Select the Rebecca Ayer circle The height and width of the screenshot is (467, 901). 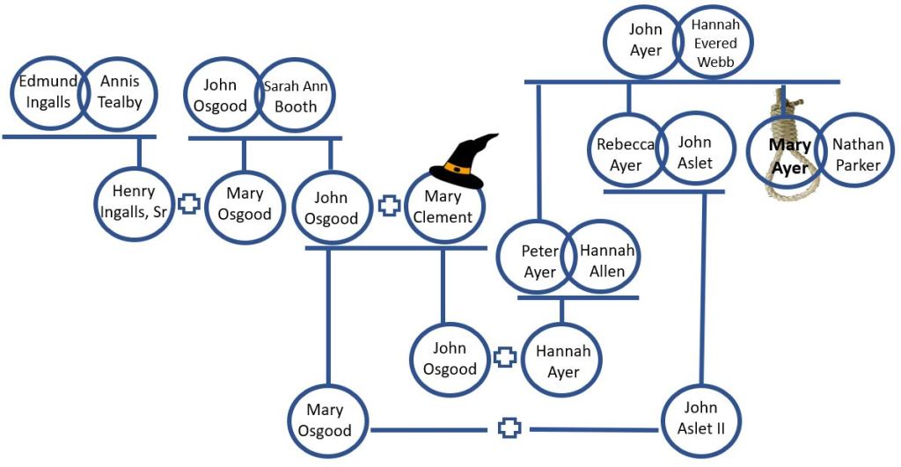[x=624, y=154]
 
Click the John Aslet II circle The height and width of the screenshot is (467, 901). [x=701, y=419]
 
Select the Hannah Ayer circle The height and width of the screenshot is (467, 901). [x=563, y=361]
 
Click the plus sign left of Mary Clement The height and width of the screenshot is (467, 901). [x=389, y=207]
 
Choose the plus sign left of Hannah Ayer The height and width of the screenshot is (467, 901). [x=505, y=357]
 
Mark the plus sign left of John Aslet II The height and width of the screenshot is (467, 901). [x=509, y=428]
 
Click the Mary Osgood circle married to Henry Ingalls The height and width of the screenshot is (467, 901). [x=244, y=204]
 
